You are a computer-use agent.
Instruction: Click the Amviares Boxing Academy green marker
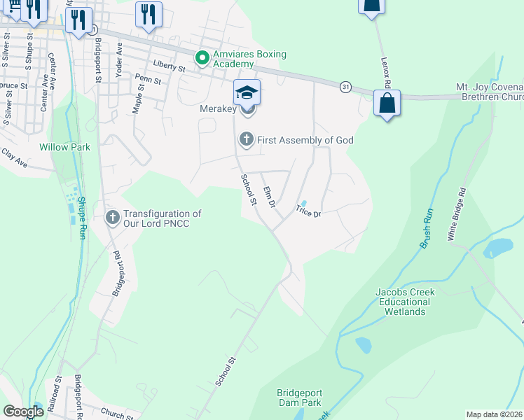(x=202, y=57)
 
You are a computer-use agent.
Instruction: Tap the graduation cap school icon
(x=247, y=92)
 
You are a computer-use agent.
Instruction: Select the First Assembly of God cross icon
(x=246, y=140)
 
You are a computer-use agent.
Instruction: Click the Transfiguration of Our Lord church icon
(x=112, y=218)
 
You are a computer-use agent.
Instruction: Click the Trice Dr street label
(x=308, y=211)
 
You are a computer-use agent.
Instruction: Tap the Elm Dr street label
(x=268, y=196)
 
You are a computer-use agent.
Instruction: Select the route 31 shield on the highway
(x=345, y=86)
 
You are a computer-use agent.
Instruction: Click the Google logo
(x=23, y=411)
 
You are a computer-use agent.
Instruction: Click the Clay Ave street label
(x=14, y=157)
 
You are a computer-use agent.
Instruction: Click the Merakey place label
(x=218, y=108)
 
